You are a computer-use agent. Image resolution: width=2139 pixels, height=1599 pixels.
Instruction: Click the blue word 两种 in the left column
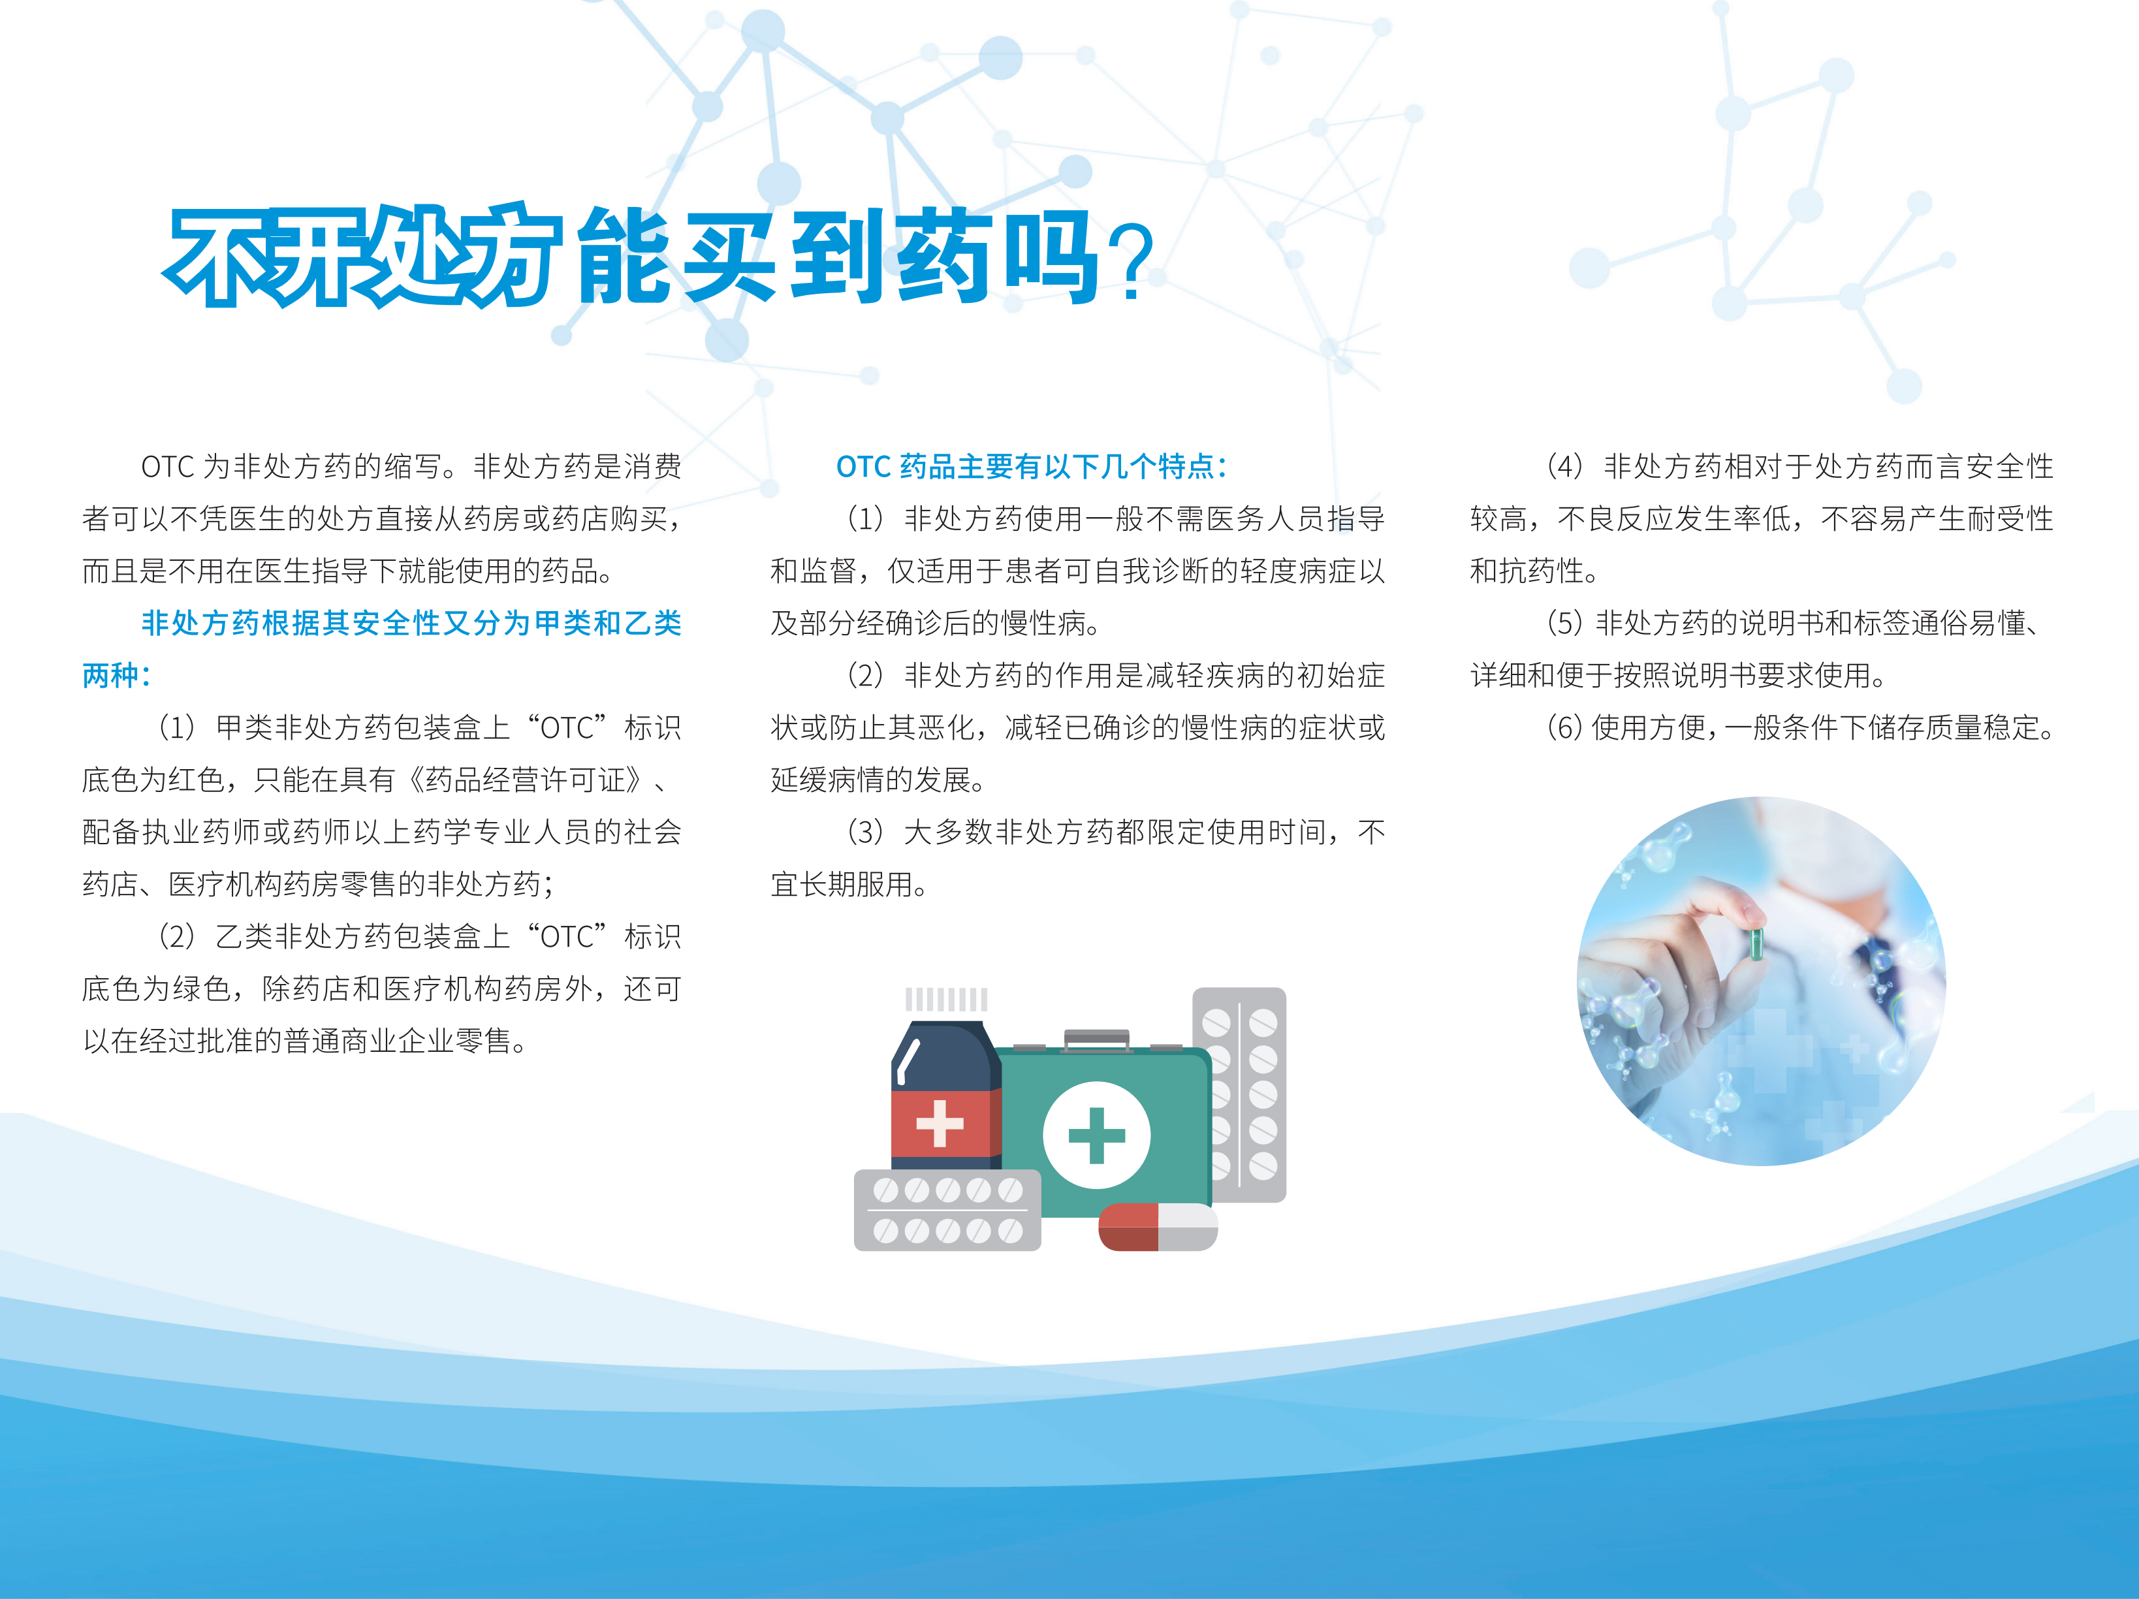[110, 674]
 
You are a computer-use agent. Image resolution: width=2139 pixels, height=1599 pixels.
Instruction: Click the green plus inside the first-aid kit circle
[1096, 1135]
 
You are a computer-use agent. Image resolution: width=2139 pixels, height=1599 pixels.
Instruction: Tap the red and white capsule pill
[1158, 1227]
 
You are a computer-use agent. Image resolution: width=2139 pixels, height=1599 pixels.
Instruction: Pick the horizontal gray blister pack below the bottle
[947, 1211]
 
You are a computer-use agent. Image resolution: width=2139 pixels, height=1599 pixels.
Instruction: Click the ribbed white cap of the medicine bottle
[945, 999]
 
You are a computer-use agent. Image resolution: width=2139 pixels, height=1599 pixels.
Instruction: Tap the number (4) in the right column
[1564, 467]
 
